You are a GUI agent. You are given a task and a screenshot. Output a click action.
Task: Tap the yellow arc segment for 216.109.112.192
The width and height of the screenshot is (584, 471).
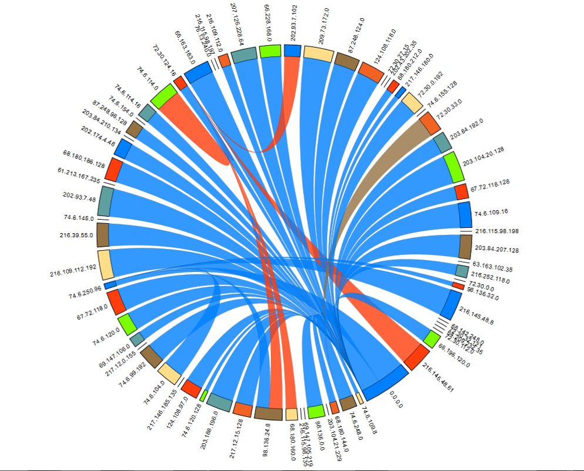(105, 265)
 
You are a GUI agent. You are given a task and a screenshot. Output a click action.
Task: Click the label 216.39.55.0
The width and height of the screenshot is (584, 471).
(76, 234)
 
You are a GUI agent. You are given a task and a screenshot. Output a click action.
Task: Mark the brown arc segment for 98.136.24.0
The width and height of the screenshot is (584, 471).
(268, 413)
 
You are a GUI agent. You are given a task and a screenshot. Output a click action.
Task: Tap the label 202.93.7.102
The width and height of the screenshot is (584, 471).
(295, 22)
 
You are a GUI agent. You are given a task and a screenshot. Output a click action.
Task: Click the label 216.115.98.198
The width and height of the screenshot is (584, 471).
(497, 231)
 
